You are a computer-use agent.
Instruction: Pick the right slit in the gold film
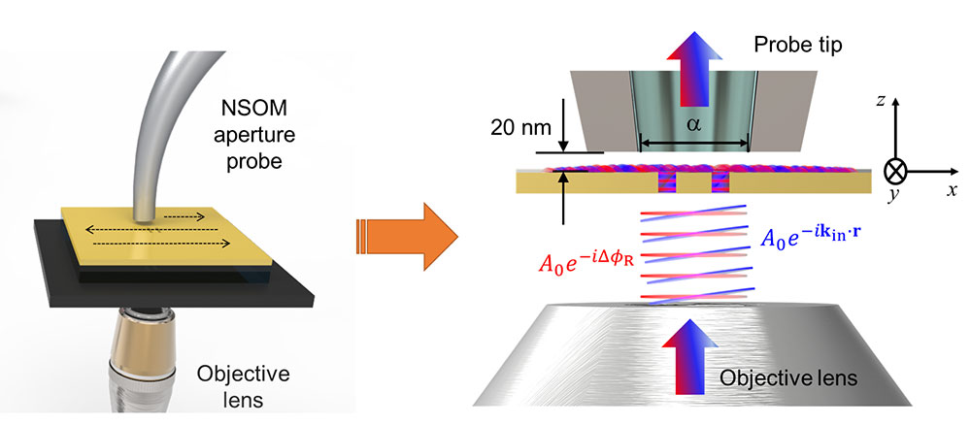pyautogui.click(x=720, y=181)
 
